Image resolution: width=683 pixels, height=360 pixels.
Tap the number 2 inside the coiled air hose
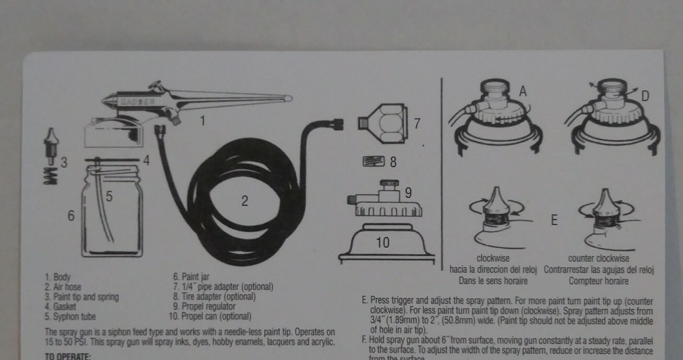coord(245,201)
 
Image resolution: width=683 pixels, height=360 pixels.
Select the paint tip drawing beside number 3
coord(51,144)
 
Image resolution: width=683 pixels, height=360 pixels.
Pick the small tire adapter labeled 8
coord(373,161)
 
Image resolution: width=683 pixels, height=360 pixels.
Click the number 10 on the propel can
coord(383,242)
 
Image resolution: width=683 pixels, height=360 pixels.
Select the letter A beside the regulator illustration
coord(523,91)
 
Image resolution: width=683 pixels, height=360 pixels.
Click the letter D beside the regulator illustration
coord(645,96)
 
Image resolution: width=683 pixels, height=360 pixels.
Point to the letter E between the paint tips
coord(554,220)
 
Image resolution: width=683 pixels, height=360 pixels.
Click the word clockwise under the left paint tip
coord(493,259)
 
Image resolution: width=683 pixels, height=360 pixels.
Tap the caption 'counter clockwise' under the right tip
coord(599,259)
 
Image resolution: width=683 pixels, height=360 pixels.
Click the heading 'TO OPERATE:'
coord(68,356)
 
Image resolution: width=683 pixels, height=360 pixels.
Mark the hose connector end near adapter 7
coord(338,124)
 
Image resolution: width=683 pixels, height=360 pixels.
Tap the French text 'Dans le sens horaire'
coord(493,281)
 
